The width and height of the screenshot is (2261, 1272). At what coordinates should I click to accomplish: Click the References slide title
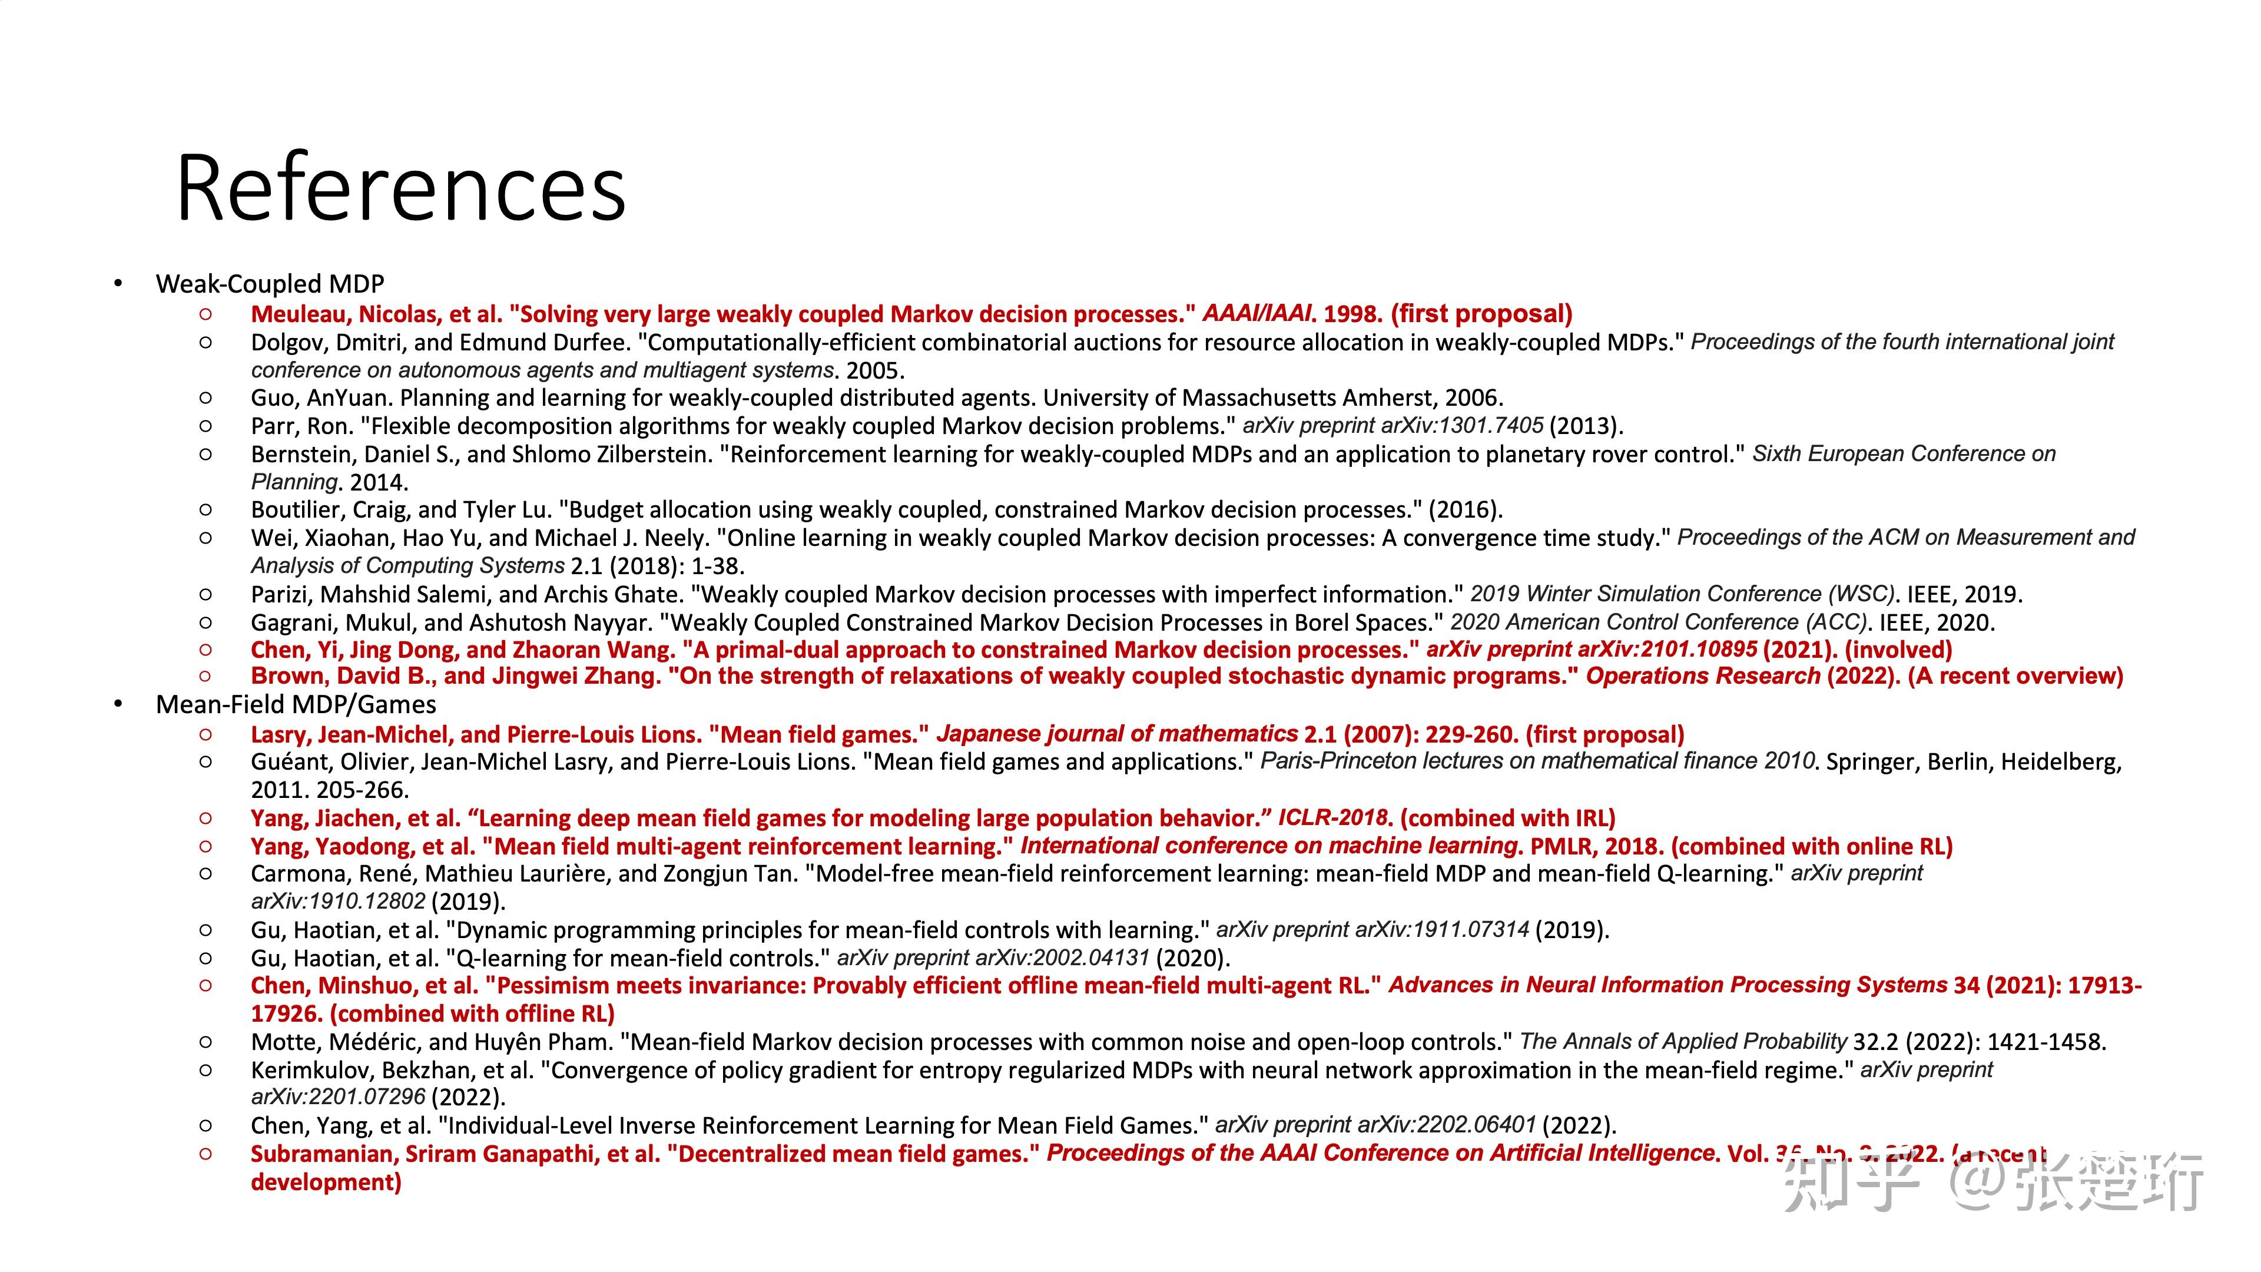click(x=400, y=188)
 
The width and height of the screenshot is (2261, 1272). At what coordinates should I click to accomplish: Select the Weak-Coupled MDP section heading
click(x=270, y=283)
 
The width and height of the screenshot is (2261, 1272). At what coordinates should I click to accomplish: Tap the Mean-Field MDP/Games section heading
click(x=296, y=704)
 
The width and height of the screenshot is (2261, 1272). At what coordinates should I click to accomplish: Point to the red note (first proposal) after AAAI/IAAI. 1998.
click(x=1481, y=314)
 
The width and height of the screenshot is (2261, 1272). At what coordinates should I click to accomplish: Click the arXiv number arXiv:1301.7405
click(x=1461, y=426)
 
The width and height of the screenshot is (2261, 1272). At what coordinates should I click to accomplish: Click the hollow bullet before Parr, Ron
click(x=205, y=426)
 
